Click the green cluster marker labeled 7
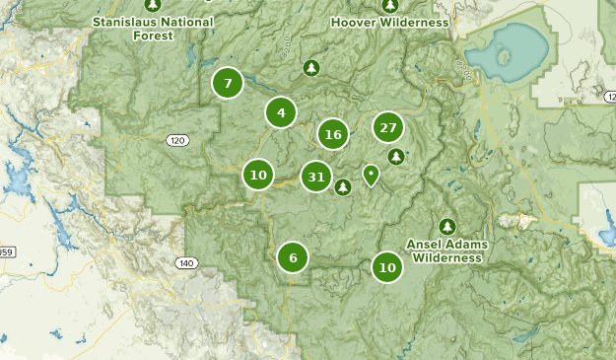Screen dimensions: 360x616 pos(228,84)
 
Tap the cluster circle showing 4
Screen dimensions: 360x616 pos(281,113)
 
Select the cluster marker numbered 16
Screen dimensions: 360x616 pos(333,135)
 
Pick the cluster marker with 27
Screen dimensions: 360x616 pos(388,127)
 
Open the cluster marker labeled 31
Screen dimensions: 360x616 pos(316,178)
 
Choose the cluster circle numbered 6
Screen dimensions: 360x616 pos(293,258)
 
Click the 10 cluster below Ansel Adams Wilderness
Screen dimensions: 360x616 pos(387,267)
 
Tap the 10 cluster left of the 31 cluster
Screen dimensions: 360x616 pos(258,176)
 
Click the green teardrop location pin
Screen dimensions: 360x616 pos(371,175)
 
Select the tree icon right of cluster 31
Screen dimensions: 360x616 pos(343,186)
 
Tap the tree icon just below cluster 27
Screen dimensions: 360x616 pos(396,156)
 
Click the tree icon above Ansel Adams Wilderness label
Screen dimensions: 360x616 pos(447,227)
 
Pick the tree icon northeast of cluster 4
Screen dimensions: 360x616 pos(311,67)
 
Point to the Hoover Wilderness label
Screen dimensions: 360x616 pos(389,22)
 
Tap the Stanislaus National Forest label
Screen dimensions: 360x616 pos(153,28)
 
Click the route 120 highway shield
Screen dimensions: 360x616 pos(176,141)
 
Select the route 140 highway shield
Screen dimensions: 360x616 pos(186,263)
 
